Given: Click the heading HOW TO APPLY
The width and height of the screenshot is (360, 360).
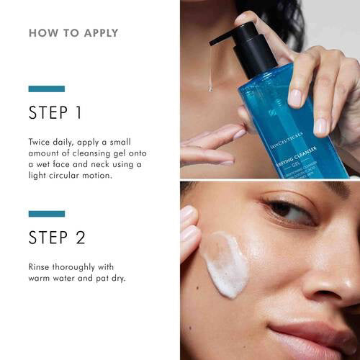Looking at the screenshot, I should point(73,33).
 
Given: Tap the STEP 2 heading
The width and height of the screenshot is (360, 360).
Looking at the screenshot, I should point(58,237).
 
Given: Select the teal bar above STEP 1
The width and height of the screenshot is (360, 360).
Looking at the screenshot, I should point(46,89).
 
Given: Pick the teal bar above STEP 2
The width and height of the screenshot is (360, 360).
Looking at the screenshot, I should point(46,213).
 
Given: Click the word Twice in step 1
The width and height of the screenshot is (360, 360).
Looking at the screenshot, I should point(40,142).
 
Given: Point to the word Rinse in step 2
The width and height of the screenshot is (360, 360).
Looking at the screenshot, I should point(40,266).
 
